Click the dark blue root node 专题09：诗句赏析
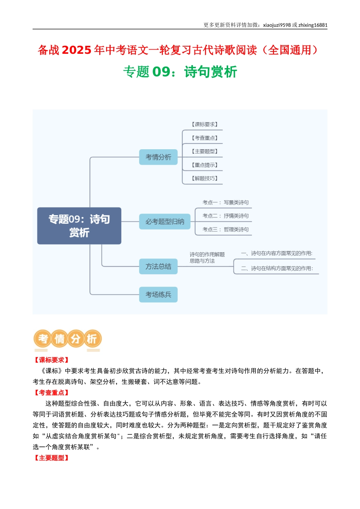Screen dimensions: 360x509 pos(79,226)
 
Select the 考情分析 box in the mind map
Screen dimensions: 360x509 pos(158,157)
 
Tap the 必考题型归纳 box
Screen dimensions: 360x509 pos(164,222)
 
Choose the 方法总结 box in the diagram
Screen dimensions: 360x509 pos(158,266)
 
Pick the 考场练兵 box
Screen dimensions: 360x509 pos(158,295)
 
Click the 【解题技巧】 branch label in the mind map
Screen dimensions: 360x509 pos(205,178)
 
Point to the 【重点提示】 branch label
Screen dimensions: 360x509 pos(205,165)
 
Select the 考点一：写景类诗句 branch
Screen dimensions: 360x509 pos(225,203)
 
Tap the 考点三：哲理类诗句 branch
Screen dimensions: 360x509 pos(225,230)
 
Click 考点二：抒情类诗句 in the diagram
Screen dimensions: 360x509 pos(225,216)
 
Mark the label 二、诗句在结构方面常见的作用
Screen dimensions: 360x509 pos(277,269)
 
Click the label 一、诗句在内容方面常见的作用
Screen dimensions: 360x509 pos(277,253)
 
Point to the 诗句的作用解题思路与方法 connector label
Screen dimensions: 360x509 pos(207,258)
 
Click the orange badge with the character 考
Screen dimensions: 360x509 pos(43,339)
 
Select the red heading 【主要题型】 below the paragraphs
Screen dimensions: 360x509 pos(52,458)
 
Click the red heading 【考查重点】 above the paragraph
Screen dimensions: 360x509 pos(52,393)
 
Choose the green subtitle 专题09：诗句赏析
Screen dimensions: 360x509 pos(180,72)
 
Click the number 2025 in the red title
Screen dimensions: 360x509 pos(77,50)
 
